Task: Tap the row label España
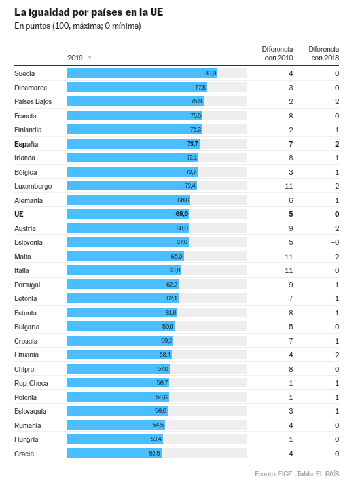[x=27, y=143]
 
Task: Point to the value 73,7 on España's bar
[x=192, y=143]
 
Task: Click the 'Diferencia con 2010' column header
[x=278, y=53]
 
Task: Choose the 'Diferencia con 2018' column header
[x=323, y=53]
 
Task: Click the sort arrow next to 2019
[x=90, y=58]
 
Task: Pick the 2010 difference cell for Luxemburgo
[x=290, y=186]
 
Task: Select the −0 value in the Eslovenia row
[x=335, y=242]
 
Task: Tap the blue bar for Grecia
[x=115, y=454]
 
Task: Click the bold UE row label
[x=19, y=214]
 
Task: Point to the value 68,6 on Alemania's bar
[x=183, y=200]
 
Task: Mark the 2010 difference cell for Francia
[x=291, y=115]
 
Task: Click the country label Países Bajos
[x=33, y=101]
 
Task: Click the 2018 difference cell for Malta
[x=337, y=257]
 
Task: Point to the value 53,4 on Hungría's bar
[x=156, y=439]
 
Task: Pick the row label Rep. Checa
[x=31, y=383]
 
